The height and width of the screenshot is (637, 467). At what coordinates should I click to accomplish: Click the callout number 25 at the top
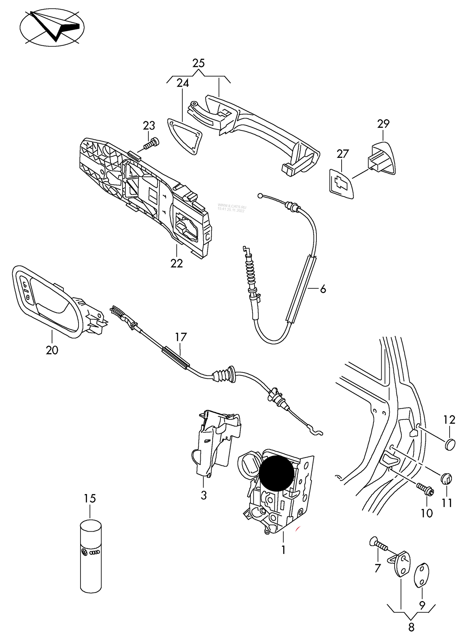coord(198,63)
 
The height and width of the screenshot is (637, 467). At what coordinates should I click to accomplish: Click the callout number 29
coord(383,124)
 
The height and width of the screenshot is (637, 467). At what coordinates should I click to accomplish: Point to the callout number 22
coord(177,263)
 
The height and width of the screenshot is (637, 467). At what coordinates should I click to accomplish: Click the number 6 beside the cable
coord(323,289)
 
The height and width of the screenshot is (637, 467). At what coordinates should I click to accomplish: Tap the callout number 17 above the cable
coord(181,337)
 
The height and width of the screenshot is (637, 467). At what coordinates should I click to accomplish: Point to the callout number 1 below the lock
coord(283,550)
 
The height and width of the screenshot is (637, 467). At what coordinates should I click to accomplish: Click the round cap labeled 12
coord(450,444)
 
